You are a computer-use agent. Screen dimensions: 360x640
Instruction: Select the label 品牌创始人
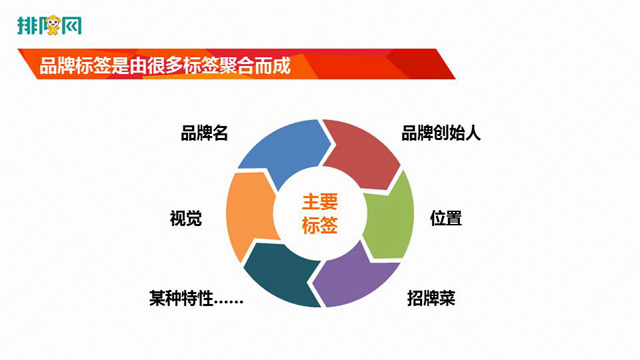click(x=441, y=133)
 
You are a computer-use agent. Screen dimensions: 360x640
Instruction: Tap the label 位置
click(x=445, y=217)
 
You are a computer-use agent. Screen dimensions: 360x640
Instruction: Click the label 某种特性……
click(x=197, y=298)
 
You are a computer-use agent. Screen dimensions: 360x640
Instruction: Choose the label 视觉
click(x=187, y=217)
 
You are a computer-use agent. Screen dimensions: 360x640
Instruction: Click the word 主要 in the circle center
click(x=320, y=201)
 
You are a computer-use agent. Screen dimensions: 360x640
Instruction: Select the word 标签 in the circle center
click(x=320, y=227)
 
